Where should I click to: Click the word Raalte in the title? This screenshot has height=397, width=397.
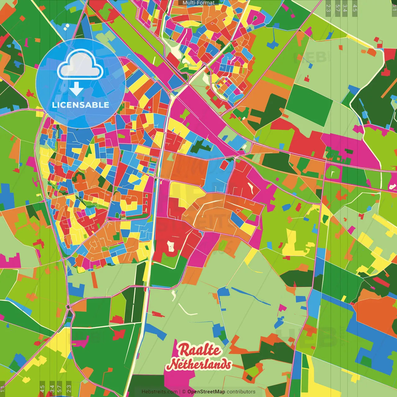pos(199,350)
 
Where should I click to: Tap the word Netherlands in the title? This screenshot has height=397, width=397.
pos(199,364)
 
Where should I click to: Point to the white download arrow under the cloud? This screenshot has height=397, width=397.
pos(76,89)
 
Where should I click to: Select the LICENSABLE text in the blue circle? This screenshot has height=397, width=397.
pos(81,105)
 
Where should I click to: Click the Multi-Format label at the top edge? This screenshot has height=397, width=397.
pos(198,3)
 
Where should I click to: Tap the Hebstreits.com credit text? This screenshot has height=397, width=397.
pos(159,392)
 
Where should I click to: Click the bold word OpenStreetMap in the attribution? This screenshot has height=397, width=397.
pos(206,392)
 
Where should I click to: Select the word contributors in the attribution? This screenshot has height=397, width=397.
pos(241,392)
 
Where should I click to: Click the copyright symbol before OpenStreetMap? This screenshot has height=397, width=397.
pos(184,392)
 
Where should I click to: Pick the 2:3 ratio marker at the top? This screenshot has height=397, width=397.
pos(328,8)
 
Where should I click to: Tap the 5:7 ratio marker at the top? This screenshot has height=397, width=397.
pos(337,8)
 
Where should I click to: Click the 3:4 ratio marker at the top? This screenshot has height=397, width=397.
pos(345,8)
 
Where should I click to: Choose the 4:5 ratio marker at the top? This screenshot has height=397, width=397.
pos(355,8)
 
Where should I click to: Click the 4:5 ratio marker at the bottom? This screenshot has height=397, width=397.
pos(42,389)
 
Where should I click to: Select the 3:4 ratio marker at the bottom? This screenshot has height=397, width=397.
pos(52,389)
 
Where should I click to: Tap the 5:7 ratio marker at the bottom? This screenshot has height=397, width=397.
pos(60,389)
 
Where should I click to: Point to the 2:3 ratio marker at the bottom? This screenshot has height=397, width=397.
pos(69,389)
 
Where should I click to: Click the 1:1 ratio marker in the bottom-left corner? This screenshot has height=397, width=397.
pos(3,389)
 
